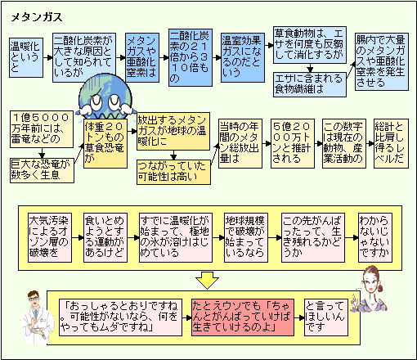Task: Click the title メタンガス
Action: tap(37, 17)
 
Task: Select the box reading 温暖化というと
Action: tap(26, 57)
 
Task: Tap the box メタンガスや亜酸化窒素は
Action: tap(142, 57)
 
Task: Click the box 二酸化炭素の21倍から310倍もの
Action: tap(191, 57)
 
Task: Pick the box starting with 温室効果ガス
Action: tap(243, 57)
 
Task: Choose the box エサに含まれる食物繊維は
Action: tap(310, 84)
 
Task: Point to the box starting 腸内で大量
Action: tap(382, 62)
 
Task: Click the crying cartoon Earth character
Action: tap(105, 96)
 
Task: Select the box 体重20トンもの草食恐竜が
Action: tap(105, 143)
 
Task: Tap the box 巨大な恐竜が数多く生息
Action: tap(42, 170)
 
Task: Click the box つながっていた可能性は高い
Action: tap(173, 172)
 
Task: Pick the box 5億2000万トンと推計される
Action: tap(293, 143)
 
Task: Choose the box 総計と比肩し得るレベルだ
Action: tap(391, 143)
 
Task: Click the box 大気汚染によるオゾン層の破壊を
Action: tap(50, 238)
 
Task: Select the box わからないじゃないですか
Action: tap(375, 238)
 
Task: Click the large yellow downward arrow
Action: tap(207, 280)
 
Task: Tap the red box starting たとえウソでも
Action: tap(243, 317)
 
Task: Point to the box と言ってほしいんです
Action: tap(326, 317)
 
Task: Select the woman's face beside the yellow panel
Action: tap(371, 281)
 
